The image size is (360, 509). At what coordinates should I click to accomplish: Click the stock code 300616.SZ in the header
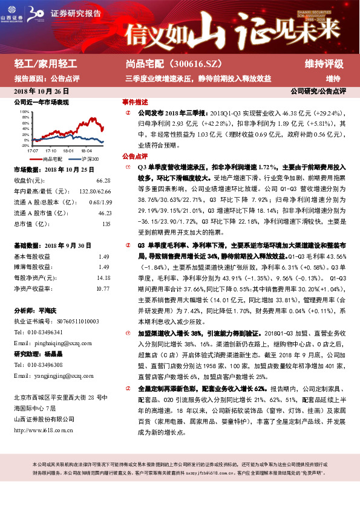click(202, 64)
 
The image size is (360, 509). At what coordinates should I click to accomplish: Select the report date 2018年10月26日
click(41, 91)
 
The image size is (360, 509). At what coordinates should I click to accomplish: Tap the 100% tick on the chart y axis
click(24, 112)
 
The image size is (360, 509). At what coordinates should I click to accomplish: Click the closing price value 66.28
click(103, 181)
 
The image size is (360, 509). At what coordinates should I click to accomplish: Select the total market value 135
click(106, 224)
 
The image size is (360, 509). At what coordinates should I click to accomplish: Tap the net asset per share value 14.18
click(103, 278)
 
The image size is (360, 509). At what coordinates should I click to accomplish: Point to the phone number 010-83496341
click(46, 332)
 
